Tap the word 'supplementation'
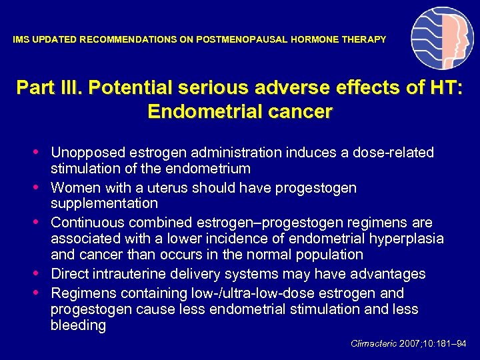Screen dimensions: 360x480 pos(104,203)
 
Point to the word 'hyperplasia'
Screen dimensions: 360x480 pos(407,239)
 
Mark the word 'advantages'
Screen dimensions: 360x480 pos(388,274)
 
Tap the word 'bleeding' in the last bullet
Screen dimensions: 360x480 pos(78,325)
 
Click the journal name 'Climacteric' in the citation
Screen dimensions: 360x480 pos(374,344)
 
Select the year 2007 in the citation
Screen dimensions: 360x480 pos(410,344)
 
